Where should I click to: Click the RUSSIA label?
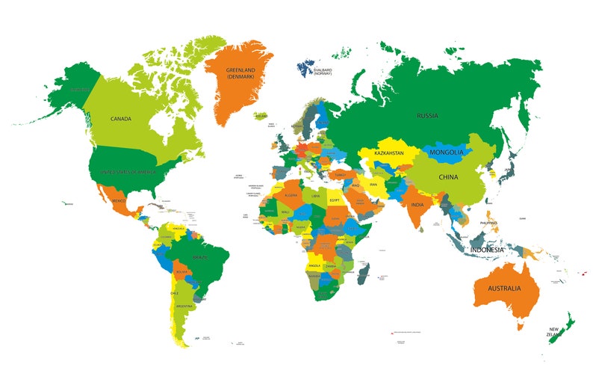[x=427, y=116]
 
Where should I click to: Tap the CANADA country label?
[x=121, y=119]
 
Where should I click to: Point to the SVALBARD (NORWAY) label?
[x=323, y=73]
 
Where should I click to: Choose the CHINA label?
[x=448, y=177]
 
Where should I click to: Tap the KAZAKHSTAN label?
[x=389, y=153]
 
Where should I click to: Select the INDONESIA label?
[x=486, y=250]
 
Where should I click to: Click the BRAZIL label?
[x=199, y=258]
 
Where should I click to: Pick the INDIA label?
[x=417, y=205]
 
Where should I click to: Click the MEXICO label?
[x=117, y=201]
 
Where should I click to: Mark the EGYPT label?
[x=334, y=200]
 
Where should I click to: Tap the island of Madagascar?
[x=362, y=273]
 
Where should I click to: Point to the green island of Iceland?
[x=261, y=117]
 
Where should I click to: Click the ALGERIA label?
[x=290, y=195]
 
